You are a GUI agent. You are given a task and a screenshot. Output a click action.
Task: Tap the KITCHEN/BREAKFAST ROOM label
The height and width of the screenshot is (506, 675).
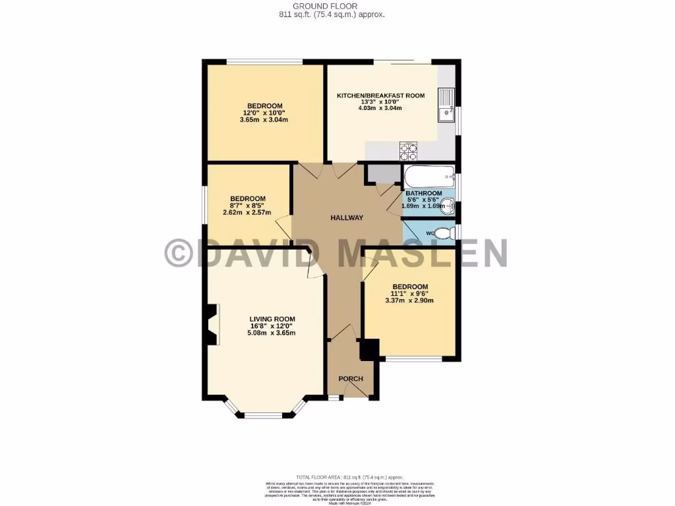click(381, 96)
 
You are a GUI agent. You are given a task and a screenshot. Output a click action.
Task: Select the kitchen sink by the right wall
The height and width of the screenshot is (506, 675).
click(446, 105)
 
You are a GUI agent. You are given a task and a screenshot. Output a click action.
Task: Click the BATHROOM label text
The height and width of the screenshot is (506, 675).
click(424, 193)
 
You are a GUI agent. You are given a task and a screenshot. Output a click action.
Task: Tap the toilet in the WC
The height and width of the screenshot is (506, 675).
click(448, 233)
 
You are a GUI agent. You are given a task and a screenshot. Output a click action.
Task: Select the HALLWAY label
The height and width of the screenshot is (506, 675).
click(347, 218)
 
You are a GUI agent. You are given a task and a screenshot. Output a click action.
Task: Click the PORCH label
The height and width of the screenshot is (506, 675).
click(351, 379)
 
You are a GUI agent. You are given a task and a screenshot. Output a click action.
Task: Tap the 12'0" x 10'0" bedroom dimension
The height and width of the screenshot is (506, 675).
click(264, 113)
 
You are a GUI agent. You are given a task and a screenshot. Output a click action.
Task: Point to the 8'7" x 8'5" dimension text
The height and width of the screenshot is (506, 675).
click(247, 206)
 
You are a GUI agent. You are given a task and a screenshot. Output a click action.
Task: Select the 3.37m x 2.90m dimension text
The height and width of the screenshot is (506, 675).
click(409, 300)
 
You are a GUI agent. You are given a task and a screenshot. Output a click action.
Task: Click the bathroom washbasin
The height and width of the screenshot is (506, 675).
click(448, 204)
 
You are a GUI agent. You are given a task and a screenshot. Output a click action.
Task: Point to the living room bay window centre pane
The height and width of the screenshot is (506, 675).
click(262, 414)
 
